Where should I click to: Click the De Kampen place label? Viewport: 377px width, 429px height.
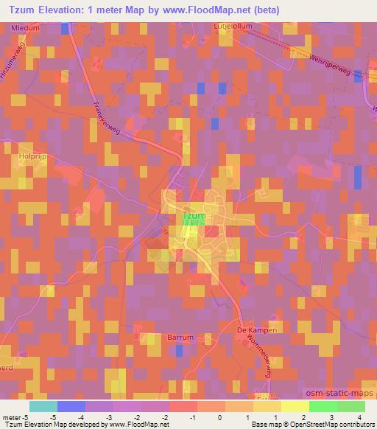click(x=257, y=330)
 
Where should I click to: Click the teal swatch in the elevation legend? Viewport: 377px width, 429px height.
click(x=43, y=405)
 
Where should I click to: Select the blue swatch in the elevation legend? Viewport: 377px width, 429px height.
click(x=71, y=405)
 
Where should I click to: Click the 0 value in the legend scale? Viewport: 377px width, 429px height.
click(x=219, y=416)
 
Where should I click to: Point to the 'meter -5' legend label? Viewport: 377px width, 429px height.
click(x=15, y=416)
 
